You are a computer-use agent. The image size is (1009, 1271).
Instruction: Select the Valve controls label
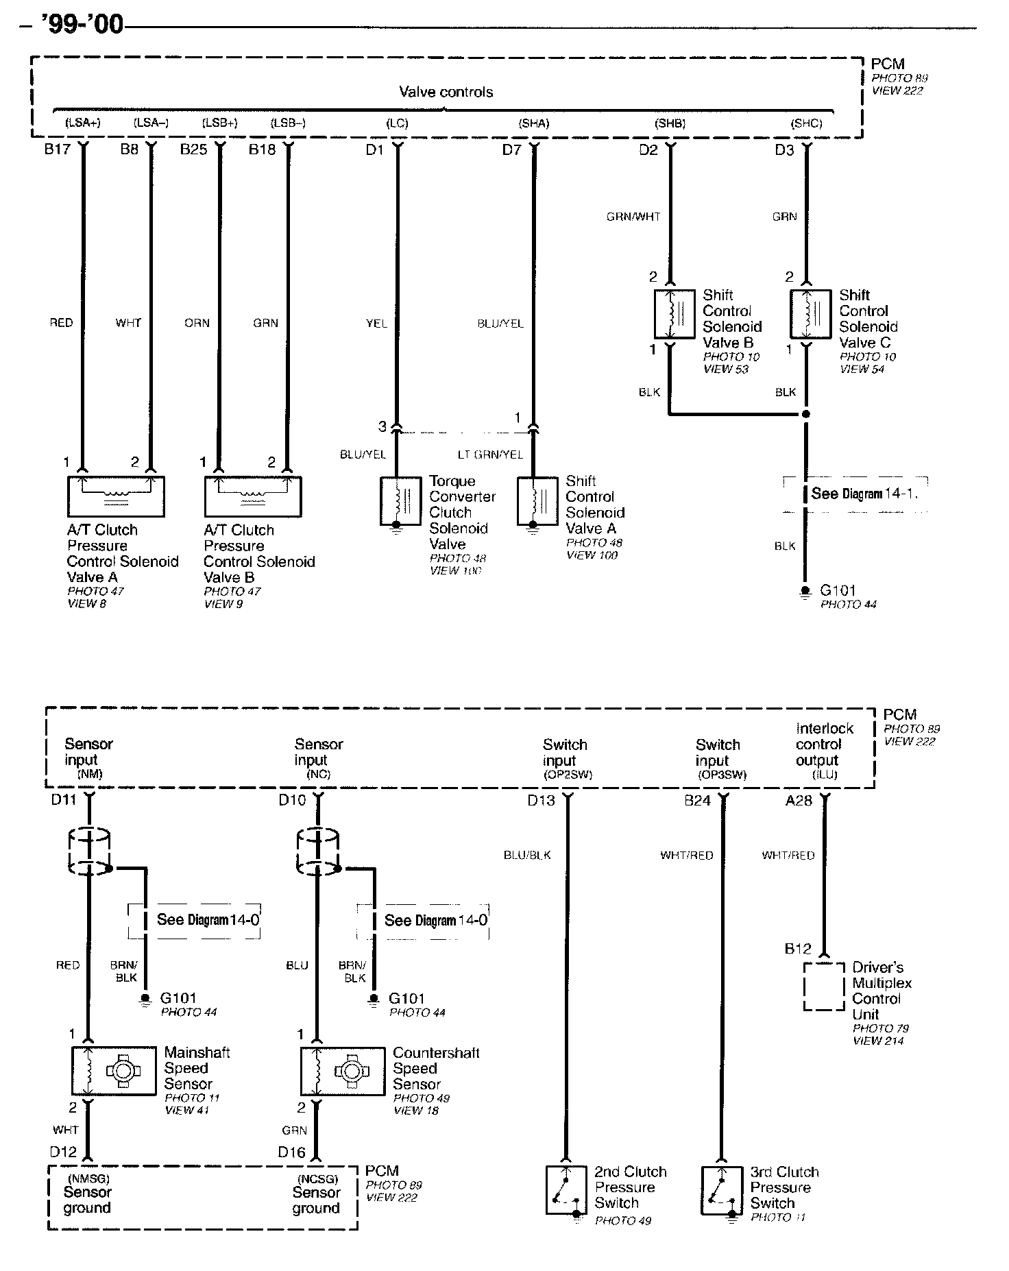446,92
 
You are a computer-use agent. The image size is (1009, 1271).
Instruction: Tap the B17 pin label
58,149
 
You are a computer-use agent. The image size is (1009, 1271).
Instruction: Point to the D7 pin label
511,149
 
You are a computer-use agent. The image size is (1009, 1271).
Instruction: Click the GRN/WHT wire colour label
633,217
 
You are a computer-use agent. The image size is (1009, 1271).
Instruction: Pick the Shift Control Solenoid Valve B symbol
674,315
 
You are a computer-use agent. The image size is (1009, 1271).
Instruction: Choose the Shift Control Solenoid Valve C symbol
810,315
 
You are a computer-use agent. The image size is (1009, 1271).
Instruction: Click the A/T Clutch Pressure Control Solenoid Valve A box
115,496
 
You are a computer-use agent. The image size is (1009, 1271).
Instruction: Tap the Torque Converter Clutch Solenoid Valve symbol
400,502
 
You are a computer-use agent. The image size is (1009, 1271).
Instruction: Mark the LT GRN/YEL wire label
490,455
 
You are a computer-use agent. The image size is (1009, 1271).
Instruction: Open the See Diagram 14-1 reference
864,494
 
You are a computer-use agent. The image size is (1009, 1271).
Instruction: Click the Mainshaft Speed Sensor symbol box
114,1070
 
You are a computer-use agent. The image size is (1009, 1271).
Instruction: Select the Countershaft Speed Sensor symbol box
343,1070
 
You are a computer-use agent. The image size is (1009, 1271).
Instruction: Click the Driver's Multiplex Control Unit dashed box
823,986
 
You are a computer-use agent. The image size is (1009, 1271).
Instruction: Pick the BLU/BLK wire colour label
527,856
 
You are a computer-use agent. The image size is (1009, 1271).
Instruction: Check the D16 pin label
291,1152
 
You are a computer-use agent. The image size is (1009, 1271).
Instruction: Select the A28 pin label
799,800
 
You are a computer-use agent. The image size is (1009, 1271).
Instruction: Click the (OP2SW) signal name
568,775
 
